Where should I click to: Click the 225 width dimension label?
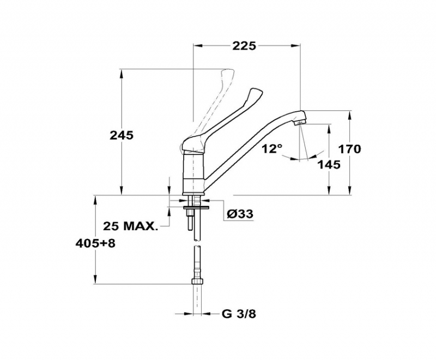point(244,46)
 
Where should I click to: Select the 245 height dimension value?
point(122,135)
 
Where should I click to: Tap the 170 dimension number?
point(349,149)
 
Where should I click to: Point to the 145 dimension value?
point(329,165)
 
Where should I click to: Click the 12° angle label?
point(271,149)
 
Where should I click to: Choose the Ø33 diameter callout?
point(240,214)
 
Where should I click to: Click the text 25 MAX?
point(130,226)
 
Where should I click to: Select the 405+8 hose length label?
point(95,244)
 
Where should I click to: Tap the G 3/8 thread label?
point(239,314)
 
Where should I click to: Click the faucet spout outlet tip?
point(300,123)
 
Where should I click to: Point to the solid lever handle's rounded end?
point(256,93)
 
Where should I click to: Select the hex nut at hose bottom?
point(197,281)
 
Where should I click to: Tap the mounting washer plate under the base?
point(196,207)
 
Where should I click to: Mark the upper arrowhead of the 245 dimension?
point(121,74)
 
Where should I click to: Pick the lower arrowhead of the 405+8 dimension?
point(95,279)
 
